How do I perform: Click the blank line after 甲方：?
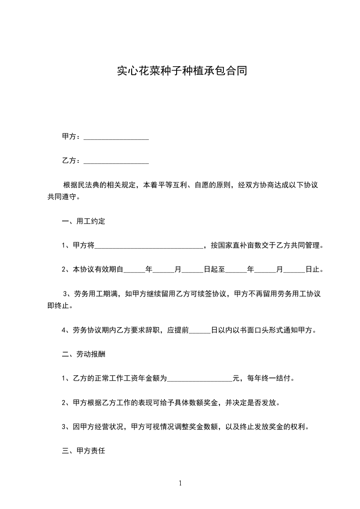[x=117, y=137]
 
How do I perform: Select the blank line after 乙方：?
[x=117, y=161]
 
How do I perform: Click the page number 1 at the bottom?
[x=180, y=483]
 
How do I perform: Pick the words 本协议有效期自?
[x=98, y=270]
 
